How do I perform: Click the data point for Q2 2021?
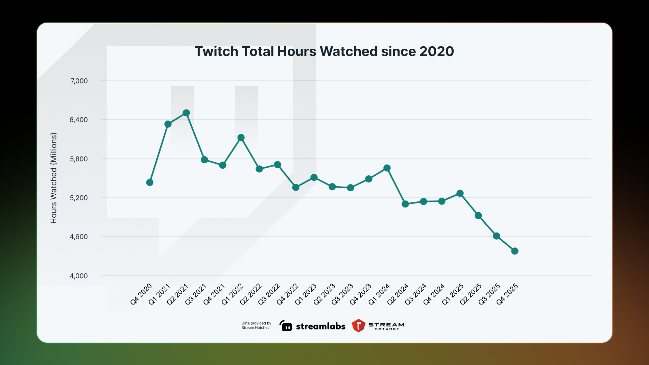click(186, 113)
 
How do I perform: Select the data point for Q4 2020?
click(150, 182)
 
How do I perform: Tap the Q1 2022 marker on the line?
click(241, 138)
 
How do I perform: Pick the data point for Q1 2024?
click(387, 168)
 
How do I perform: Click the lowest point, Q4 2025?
click(515, 251)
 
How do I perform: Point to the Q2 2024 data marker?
click(405, 204)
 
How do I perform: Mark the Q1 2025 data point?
click(460, 193)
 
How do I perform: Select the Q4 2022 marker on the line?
click(296, 187)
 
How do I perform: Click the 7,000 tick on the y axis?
click(79, 81)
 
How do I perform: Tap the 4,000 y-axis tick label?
click(79, 276)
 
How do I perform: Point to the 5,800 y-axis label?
click(79, 159)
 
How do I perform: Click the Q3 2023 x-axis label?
click(342, 294)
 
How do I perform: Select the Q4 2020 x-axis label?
click(141, 294)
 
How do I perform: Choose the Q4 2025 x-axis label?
click(507, 294)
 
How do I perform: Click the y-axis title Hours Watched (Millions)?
click(53, 178)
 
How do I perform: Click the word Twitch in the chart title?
click(216, 51)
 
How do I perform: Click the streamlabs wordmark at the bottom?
click(320, 326)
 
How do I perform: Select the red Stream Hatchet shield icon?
click(358, 326)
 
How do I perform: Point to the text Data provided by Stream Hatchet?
click(256, 325)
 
